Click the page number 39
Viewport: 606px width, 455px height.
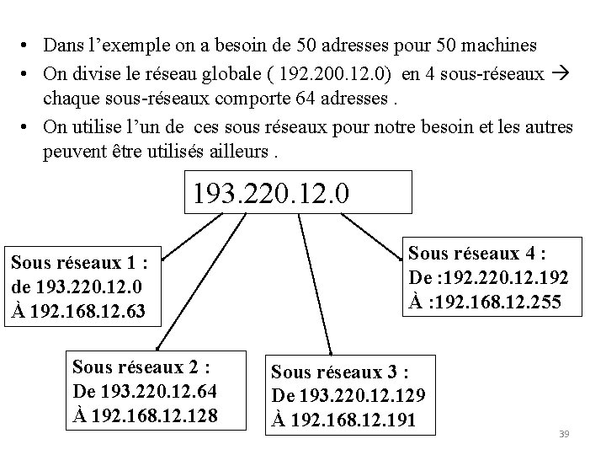[565, 434]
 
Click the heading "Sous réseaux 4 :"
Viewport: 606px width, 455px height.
[477, 254]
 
